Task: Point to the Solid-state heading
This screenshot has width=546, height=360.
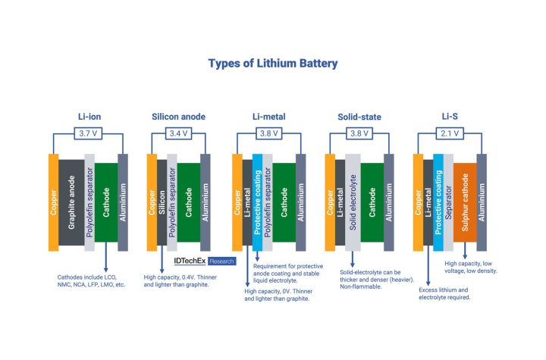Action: click(359, 116)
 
